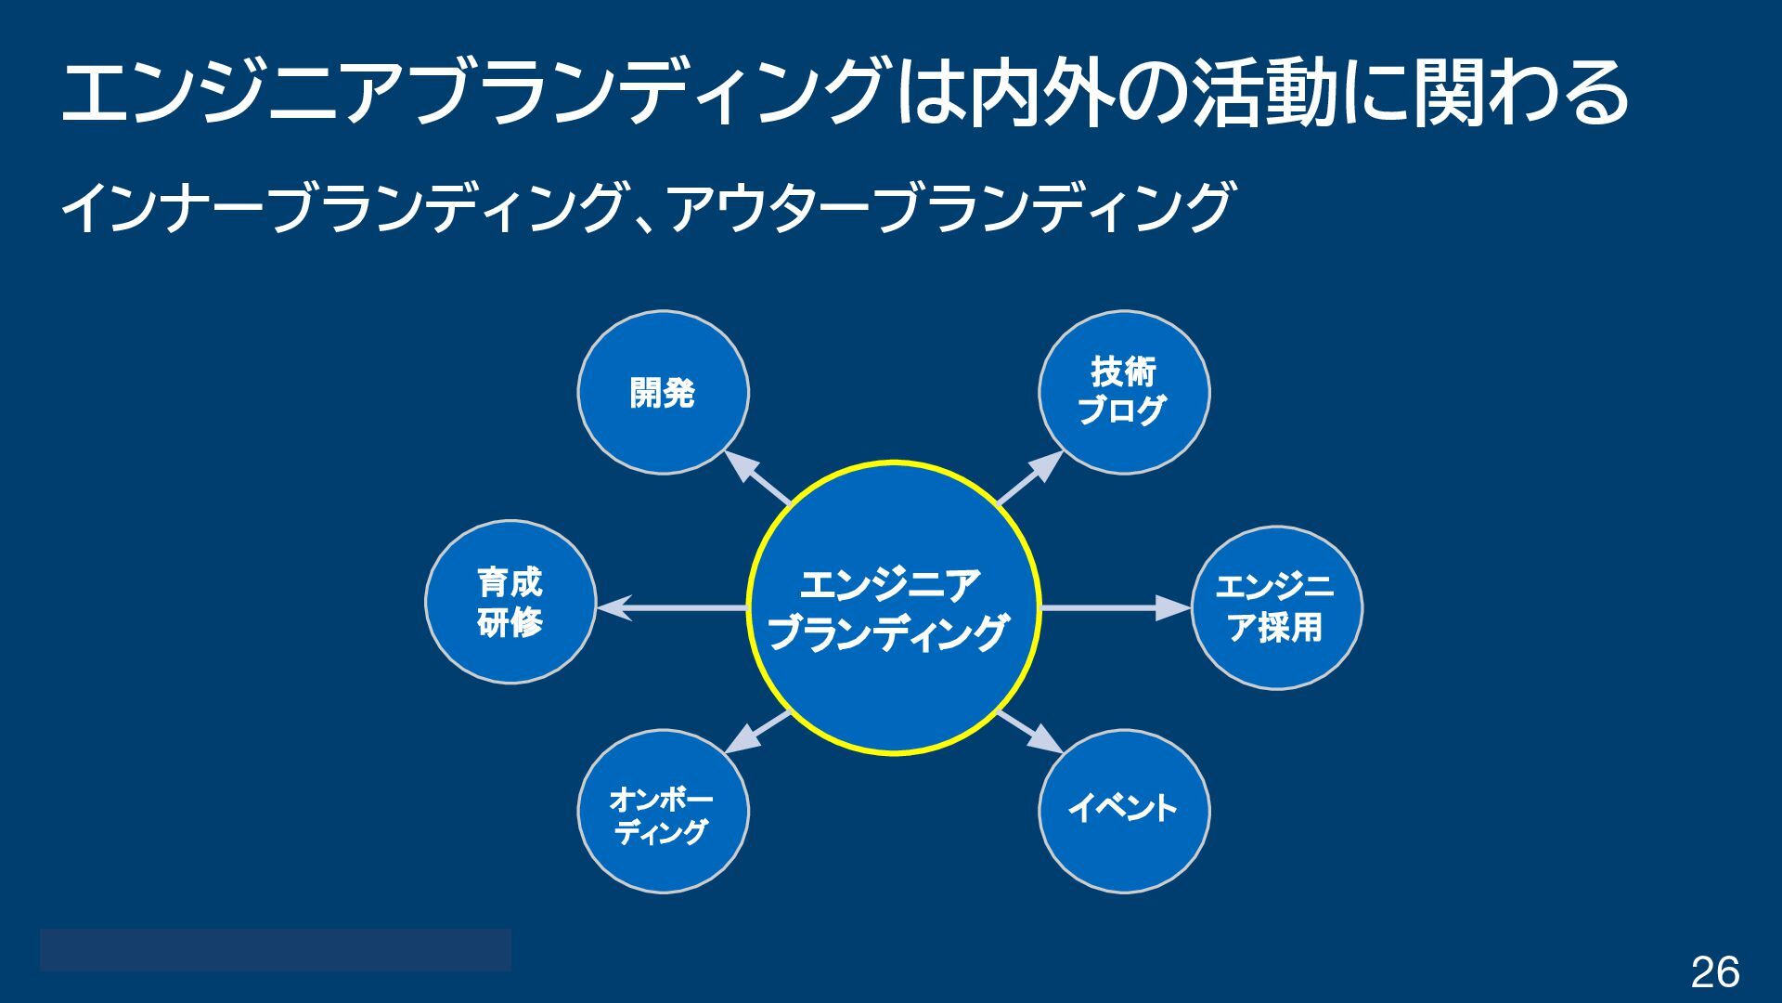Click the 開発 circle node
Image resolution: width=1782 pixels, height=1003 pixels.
(x=663, y=393)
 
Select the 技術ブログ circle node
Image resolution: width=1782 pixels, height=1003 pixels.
(x=1123, y=393)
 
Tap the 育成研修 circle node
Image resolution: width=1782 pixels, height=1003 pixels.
(x=510, y=602)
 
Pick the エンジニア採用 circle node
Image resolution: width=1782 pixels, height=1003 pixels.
(x=1276, y=608)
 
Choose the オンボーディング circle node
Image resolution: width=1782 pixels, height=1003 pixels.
(x=663, y=812)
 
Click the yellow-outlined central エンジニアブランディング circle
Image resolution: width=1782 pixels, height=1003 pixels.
(x=893, y=608)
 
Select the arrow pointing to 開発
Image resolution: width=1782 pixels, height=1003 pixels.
(x=756, y=477)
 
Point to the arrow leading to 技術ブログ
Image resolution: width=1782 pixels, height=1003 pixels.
(x=1030, y=477)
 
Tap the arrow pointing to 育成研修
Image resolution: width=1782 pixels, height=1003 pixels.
(x=671, y=608)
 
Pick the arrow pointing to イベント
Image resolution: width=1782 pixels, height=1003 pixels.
(x=1030, y=732)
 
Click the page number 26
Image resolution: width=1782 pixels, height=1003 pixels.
(x=1714, y=972)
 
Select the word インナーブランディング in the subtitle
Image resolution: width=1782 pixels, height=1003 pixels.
(x=340, y=207)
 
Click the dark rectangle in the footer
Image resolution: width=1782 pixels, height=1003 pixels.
(x=275, y=949)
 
